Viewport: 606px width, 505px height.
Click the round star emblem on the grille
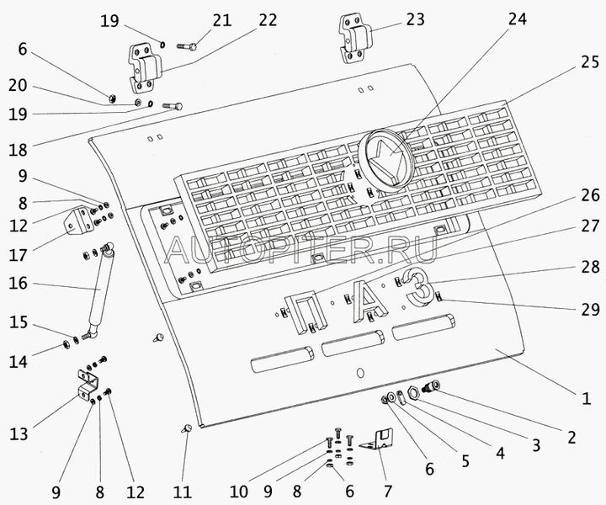(x=385, y=159)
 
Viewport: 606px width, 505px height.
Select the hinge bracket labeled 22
(x=141, y=66)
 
